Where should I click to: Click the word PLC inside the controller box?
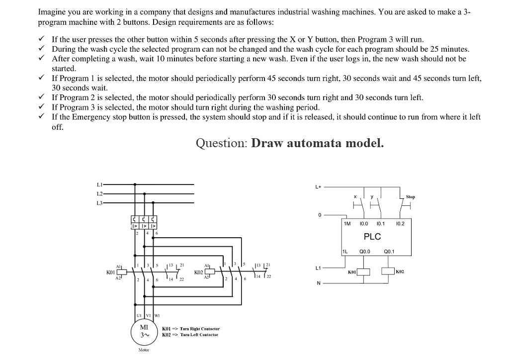pyautogui.click(x=372, y=237)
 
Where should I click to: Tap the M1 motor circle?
pyautogui.click(x=144, y=331)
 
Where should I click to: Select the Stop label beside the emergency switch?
pyautogui.click(x=410, y=197)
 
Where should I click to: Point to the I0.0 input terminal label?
pyautogui.click(x=364, y=224)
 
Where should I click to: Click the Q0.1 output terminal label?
pyautogui.click(x=389, y=252)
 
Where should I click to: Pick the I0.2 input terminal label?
pyautogui.click(x=400, y=224)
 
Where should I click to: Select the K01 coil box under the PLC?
pyautogui.click(x=364, y=271)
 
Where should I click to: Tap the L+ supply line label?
pyautogui.click(x=318, y=187)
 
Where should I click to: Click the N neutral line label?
pyautogui.click(x=318, y=283)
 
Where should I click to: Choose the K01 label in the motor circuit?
pyautogui.click(x=110, y=272)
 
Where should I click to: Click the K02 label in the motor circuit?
pyautogui.click(x=198, y=272)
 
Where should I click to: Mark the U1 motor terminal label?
pyautogui.click(x=139, y=315)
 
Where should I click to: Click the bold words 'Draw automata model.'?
pyautogui.click(x=318, y=143)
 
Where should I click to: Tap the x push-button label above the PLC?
pyautogui.click(x=355, y=197)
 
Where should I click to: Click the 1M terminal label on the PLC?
pyautogui.click(x=347, y=224)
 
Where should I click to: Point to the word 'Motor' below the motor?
pyautogui.click(x=143, y=350)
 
